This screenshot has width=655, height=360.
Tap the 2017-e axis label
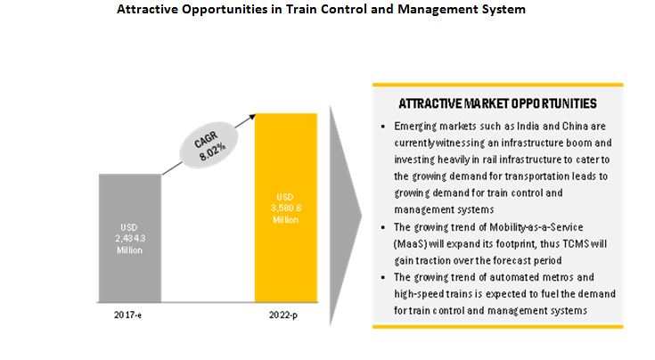[130, 316]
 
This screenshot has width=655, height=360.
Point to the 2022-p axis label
[285, 316]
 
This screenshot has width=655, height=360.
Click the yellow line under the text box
[497, 325]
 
